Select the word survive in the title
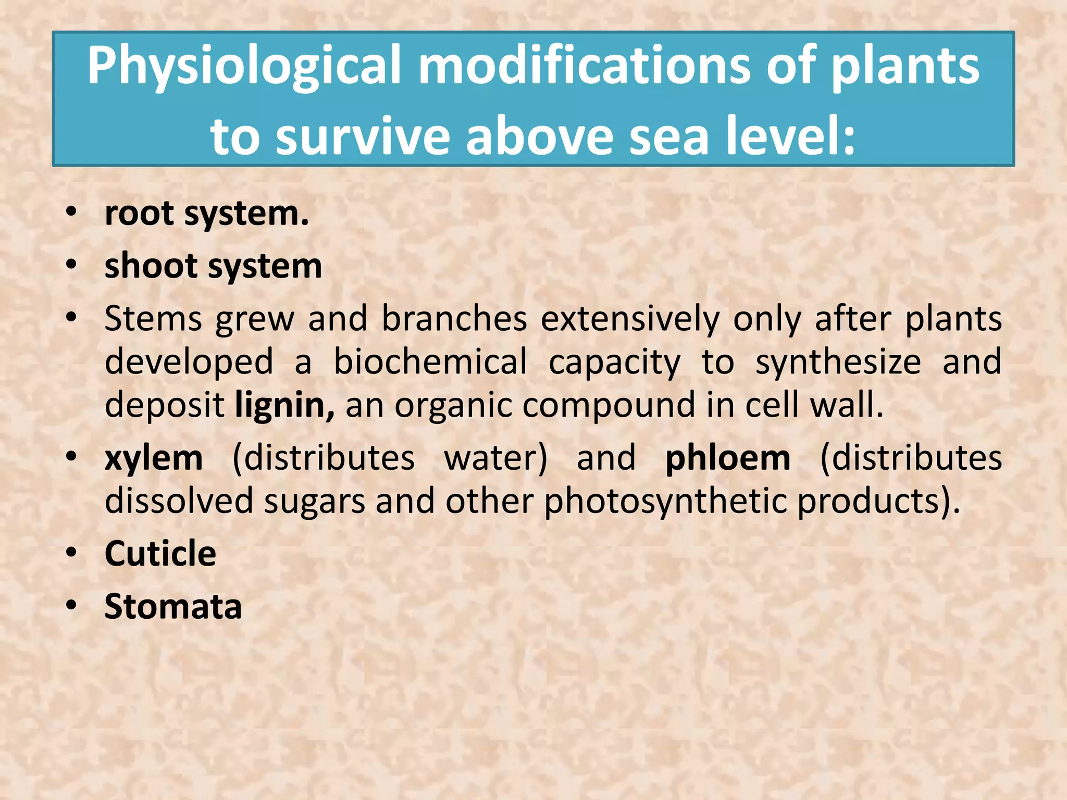pos(362,137)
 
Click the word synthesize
pos(838,363)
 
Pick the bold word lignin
pos(284,406)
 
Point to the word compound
pos(609,406)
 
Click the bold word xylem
pos(154,459)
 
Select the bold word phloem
pos(728,459)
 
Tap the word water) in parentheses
pos(495,459)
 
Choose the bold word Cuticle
pos(160,553)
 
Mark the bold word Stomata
pos(173,606)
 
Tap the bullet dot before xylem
pos(71,457)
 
